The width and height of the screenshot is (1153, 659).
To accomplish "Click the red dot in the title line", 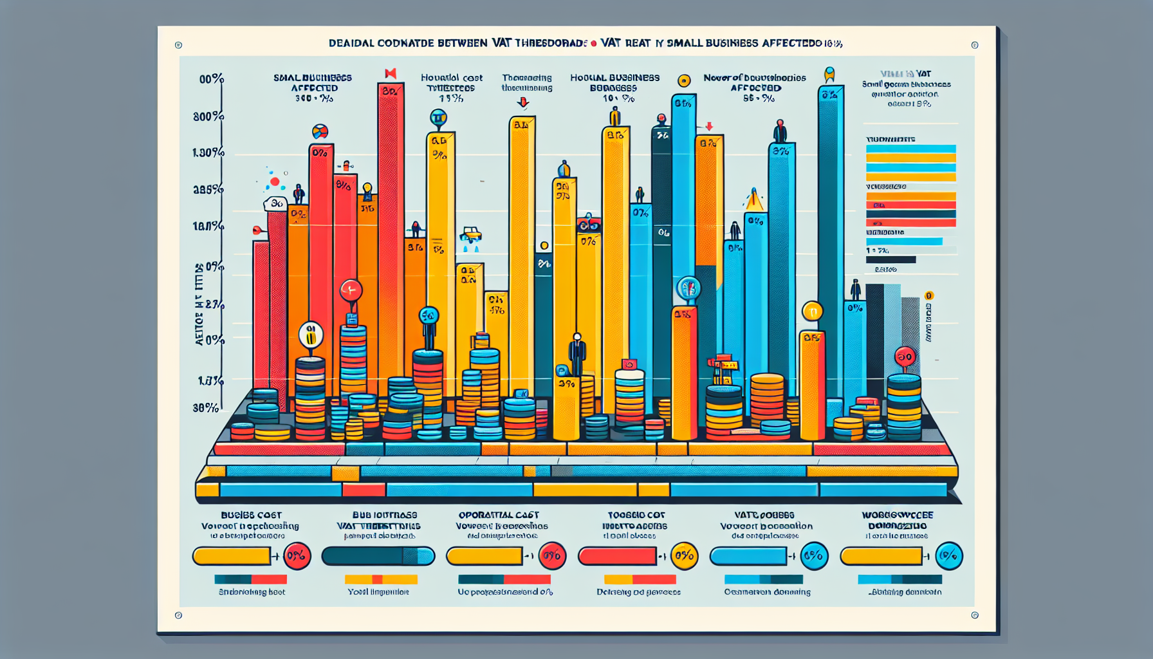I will (x=593, y=44).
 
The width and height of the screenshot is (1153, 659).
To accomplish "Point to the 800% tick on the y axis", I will (x=208, y=116).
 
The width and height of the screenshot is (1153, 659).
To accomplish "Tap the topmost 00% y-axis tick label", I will (x=211, y=79).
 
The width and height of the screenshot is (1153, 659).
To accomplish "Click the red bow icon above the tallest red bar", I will (x=390, y=73).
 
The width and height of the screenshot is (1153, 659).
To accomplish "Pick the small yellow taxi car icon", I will (x=471, y=235).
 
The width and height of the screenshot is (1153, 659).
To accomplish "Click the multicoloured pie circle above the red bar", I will (x=320, y=132).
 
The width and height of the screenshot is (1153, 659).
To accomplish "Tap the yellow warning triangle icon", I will (x=753, y=201).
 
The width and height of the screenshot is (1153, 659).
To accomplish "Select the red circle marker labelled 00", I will (x=905, y=357).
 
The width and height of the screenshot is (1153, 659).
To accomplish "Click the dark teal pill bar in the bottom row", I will (x=378, y=556).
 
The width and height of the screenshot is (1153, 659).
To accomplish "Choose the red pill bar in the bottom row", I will (x=617, y=556).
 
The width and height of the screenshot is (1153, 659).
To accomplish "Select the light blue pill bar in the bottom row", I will (x=748, y=556).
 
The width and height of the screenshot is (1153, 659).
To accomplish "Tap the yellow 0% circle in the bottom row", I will (x=684, y=556).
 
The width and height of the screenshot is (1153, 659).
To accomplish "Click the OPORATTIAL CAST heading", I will (x=499, y=515).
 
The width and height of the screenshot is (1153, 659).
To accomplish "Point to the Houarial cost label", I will (x=451, y=77).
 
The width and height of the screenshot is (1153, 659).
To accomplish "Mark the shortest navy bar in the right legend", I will (x=890, y=260).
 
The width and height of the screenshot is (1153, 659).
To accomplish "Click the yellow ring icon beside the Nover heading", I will (x=684, y=80).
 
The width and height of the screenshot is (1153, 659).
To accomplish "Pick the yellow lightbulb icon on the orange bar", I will (x=367, y=189).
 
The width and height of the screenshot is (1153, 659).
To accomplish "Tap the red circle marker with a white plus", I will (x=351, y=290).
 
